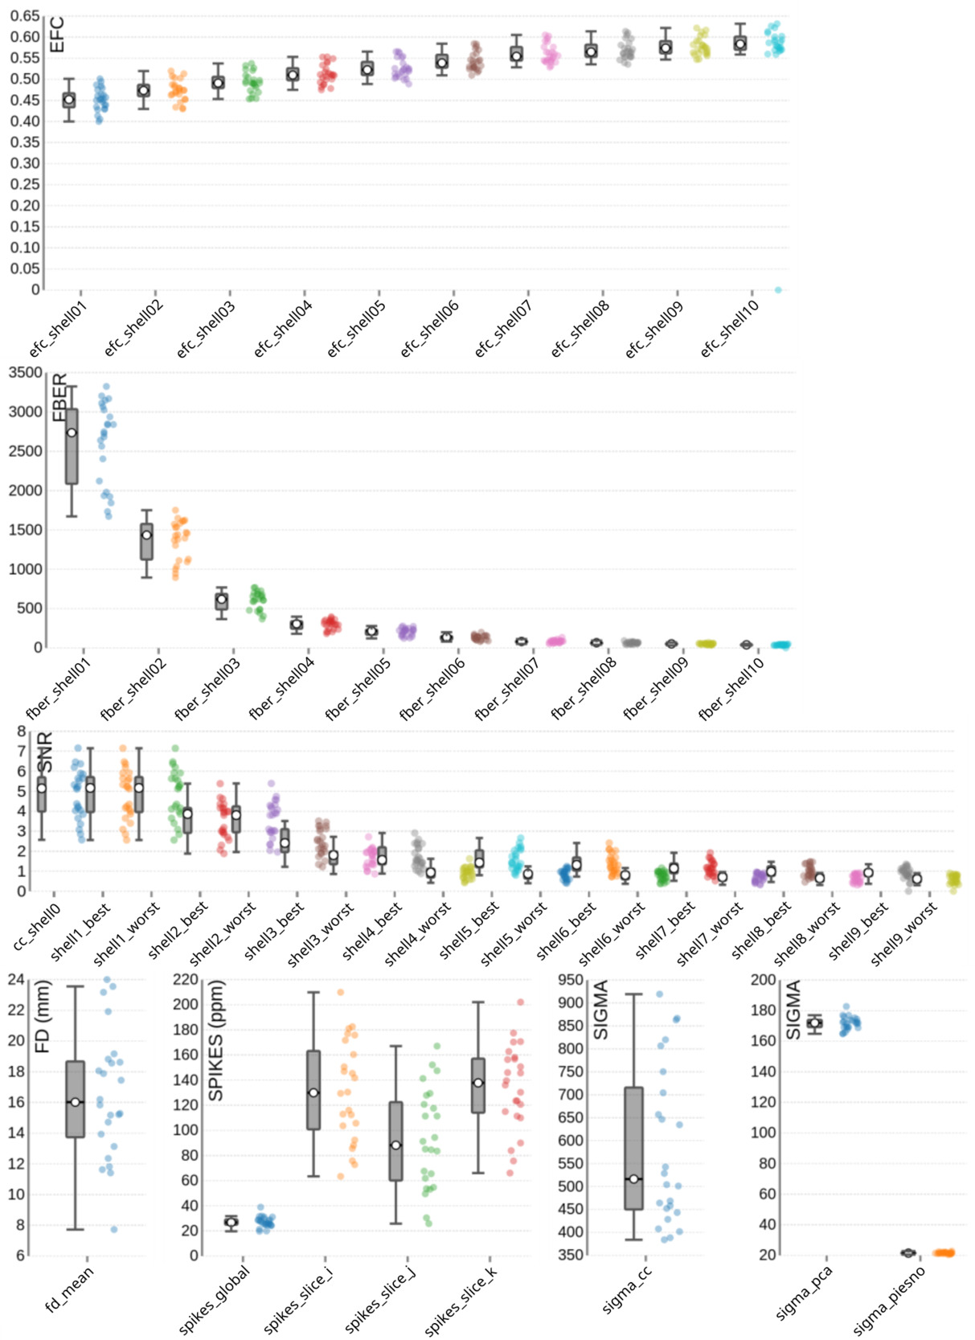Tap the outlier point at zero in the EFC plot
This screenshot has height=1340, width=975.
click(778, 289)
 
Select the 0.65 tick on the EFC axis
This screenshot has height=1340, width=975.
click(25, 16)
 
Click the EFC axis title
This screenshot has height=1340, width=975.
click(56, 35)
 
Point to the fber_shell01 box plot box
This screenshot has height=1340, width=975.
click(72, 446)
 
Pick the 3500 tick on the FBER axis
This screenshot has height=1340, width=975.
click(27, 372)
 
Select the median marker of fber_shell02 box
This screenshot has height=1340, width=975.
click(146, 535)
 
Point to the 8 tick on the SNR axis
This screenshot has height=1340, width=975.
click(22, 731)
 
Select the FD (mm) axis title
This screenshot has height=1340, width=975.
click(43, 1017)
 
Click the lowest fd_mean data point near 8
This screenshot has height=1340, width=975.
click(114, 1229)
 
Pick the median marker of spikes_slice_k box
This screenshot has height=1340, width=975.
click(478, 1083)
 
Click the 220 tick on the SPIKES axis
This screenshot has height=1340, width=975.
click(186, 979)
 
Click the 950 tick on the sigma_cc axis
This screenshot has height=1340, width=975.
click(571, 979)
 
